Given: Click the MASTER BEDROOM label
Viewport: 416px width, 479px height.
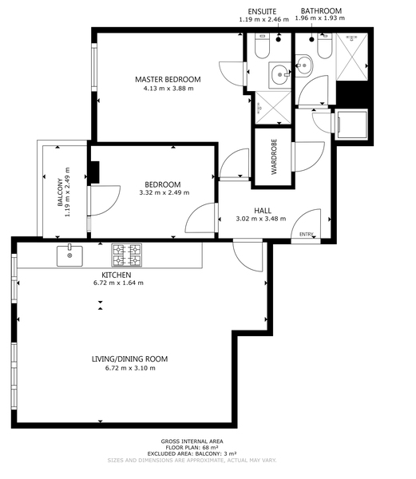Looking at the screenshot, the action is click(x=168, y=79).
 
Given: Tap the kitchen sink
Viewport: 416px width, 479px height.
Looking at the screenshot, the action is click(x=69, y=255).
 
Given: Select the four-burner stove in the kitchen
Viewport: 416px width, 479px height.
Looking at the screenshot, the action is click(x=127, y=255).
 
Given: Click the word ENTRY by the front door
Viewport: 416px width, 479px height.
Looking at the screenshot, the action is click(x=307, y=234).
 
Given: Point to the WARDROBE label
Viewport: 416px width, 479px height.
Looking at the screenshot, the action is click(x=274, y=156).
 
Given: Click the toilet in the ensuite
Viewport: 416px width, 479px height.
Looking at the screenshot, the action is click(x=262, y=46).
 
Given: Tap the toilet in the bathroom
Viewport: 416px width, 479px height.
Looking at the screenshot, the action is click(x=325, y=46).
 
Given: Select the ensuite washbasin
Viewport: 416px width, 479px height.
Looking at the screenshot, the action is click(x=279, y=75).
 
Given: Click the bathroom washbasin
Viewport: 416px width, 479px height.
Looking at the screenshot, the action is click(x=303, y=65).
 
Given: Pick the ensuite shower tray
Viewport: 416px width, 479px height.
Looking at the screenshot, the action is click(x=273, y=108).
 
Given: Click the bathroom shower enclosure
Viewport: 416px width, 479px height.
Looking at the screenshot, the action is click(x=352, y=57).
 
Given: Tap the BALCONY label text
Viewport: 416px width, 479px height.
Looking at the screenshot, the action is click(x=60, y=192).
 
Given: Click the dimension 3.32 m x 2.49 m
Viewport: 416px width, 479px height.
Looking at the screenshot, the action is click(x=164, y=192).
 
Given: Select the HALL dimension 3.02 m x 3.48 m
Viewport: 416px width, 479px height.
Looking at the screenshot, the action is click(x=261, y=219).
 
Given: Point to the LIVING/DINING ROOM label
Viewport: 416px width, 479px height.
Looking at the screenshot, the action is click(x=130, y=359).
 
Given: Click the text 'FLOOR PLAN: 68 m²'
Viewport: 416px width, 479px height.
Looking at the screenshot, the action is click(x=192, y=448).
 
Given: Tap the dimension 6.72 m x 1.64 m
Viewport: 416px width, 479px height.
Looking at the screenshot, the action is click(x=118, y=283).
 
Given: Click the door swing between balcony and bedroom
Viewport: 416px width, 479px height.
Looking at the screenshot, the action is click(x=105, y=200).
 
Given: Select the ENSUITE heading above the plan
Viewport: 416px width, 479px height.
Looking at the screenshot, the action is click(x=262, y=12).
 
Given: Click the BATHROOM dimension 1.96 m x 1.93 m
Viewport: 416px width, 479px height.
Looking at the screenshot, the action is click(x=320, y=18).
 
